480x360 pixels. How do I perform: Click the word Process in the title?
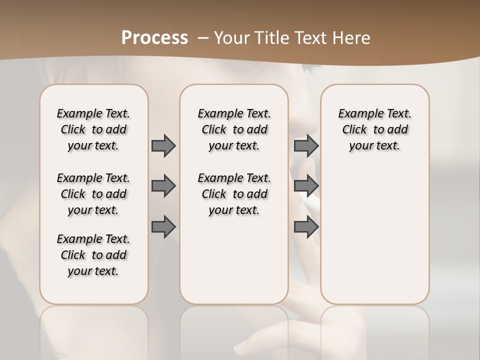(x=154, y=37)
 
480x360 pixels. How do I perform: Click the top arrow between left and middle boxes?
(x=163, y=145)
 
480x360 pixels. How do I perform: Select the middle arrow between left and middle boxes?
(x=163, y=186)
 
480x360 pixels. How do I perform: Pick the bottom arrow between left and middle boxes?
(x=163, y=227)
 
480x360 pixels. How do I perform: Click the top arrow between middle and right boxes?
(x=306, y=145)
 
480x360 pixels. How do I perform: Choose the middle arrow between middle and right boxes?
(x=306, y=186)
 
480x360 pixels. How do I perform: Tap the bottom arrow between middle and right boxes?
(x=306, y=227)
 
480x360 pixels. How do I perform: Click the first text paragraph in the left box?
(x=93, y=129)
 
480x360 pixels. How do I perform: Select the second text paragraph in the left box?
(x=93, y=194)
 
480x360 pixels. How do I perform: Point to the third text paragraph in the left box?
(x=93, y=255)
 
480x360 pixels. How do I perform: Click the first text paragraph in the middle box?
(x=234, y=129)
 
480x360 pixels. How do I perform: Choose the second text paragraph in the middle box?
(x=234, y=194)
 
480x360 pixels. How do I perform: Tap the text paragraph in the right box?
(x=374, y=129)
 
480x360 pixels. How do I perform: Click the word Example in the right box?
(x=357, y=114)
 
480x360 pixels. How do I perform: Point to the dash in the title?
(x=203, y=38)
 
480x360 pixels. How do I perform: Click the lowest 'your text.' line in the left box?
(x=93, y=271)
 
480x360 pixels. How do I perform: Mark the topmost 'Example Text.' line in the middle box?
(x=234, y=114)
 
